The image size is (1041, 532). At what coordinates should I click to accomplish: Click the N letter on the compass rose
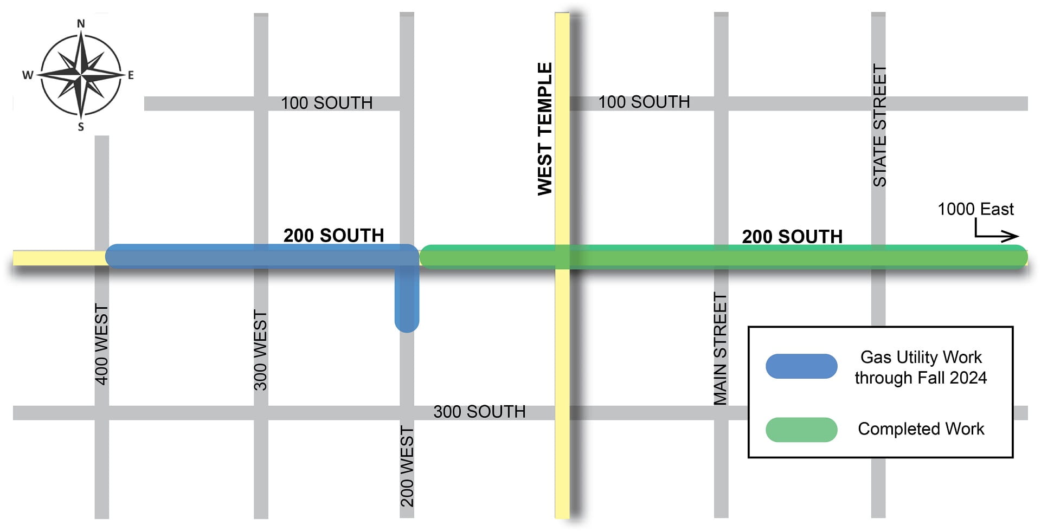pos(81,23)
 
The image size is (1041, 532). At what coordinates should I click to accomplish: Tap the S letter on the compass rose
pos(81,127)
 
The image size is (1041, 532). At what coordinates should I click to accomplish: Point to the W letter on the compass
pos(28,75)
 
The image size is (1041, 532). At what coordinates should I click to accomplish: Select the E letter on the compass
pos(131,75)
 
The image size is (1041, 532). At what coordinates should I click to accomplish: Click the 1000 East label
pos(975,209)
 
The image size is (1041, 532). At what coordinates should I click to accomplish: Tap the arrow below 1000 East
pos(997,233)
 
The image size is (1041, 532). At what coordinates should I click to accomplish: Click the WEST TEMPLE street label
pos(544,129)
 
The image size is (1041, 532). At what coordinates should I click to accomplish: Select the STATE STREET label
pos(879,126)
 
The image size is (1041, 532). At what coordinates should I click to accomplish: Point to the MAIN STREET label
pos(719,349)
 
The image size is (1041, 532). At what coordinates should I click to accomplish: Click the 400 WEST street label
pos(101,345)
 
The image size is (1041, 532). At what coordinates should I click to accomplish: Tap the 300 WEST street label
pos(260,350)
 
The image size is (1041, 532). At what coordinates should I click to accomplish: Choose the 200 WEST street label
pos(407,466)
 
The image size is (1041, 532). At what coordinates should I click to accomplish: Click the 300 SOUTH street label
pos(479,412)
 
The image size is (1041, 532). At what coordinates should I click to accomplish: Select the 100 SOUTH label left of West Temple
pos(326,103)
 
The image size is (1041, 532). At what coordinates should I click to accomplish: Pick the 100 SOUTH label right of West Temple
pos(644,102)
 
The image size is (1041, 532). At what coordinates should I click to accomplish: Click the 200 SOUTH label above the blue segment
pos(333,236)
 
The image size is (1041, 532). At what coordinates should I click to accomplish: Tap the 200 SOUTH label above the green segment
pos(792,237)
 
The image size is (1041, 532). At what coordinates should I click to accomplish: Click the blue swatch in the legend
pos(801,366)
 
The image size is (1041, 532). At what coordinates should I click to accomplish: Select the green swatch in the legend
pos(801,430)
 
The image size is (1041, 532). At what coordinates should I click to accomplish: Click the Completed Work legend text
pos(921,429)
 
